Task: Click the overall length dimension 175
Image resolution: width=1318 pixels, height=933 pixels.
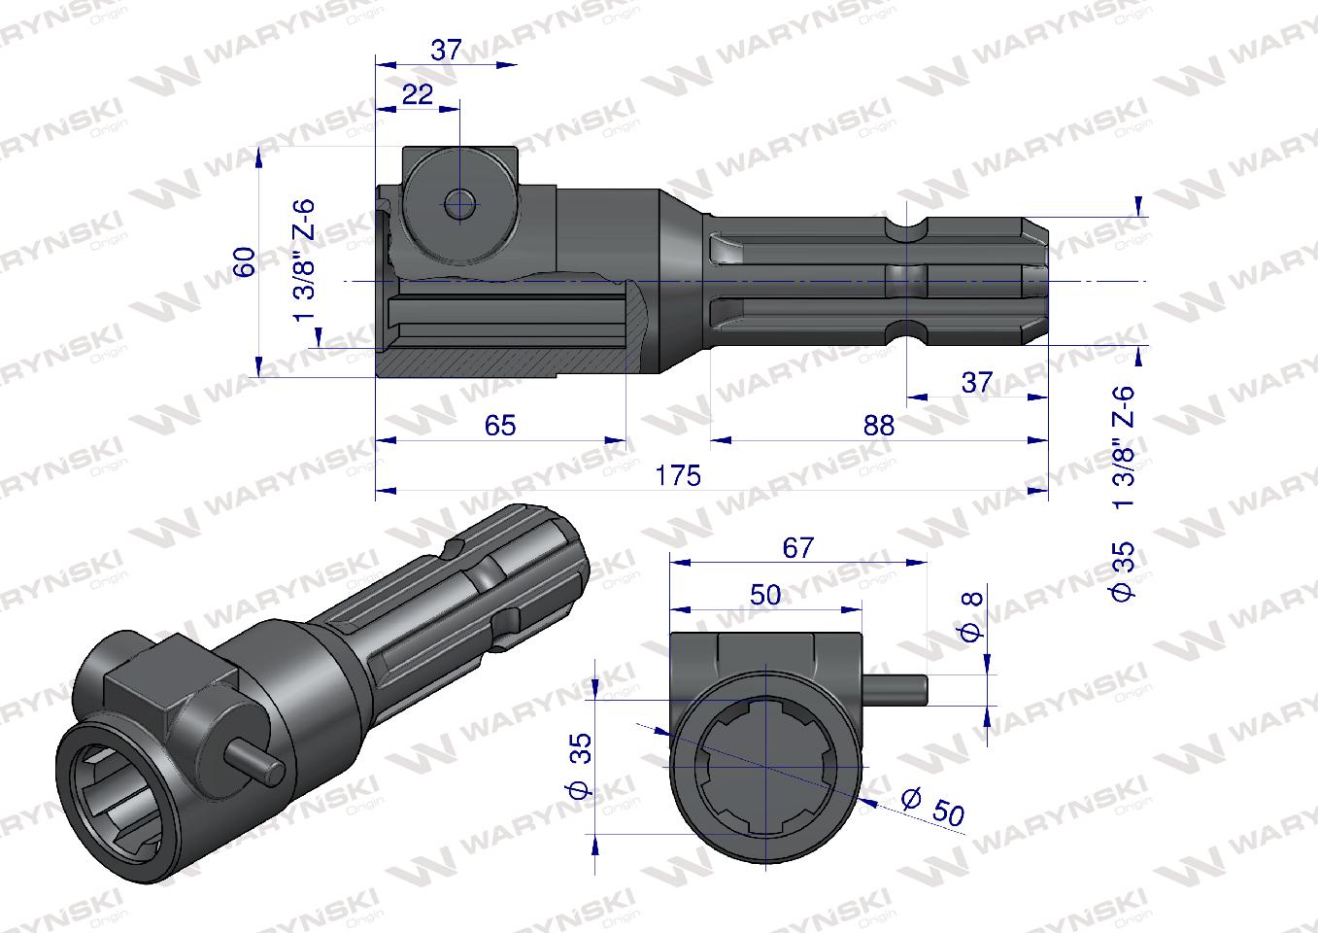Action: click(677, 475)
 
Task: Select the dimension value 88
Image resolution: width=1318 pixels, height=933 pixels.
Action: click(877, 425)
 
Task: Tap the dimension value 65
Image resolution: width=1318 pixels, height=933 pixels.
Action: click(499, 425)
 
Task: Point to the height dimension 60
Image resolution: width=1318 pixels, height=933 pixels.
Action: click(245, 260)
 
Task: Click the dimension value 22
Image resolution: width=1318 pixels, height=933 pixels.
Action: click(417, 94)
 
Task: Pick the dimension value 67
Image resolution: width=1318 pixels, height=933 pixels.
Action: click(797, 547)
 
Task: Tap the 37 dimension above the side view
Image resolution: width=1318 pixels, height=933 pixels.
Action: click(446, 51)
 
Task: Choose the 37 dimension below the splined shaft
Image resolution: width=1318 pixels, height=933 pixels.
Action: click(976, 382)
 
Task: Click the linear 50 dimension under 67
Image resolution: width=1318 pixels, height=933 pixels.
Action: click(765, 595)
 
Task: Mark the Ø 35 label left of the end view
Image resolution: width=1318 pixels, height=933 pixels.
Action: click(581, 767)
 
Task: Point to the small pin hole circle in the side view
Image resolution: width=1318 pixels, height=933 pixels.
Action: click(459, 204)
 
